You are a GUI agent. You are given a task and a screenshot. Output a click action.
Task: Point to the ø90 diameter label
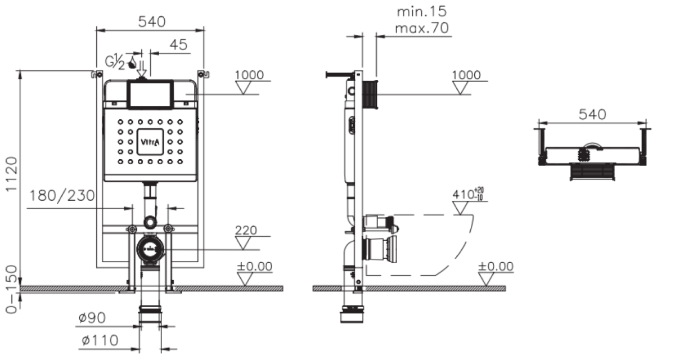91,318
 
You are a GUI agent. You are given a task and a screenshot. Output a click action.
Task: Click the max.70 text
422,29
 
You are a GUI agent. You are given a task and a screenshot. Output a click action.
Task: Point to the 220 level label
246,230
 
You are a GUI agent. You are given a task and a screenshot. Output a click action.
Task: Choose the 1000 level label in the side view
466,75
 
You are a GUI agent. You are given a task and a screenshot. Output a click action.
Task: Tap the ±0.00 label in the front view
254,265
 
